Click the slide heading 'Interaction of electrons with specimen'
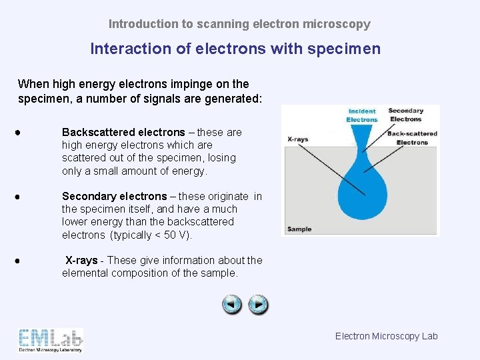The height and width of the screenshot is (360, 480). [x=235, y=49]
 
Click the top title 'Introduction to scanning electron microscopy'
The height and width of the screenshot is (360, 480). [x=239, y=24]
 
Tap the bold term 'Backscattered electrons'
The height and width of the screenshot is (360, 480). [x=123, y=132]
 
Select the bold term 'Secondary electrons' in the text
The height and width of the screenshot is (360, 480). [x=114, y=196]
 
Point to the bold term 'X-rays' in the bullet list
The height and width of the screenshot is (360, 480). [x=81, y=260]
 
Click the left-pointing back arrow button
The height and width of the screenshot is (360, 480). [x=232, y=305]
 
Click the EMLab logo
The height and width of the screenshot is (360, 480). [x=51, y=340]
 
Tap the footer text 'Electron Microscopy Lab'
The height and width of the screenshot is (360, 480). [x=386, y=336]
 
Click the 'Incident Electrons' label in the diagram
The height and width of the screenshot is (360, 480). [x=361, y=115]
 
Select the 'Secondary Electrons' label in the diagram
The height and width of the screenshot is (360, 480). [x=406, y=115]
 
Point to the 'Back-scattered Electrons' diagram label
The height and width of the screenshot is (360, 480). [x=412, y=138]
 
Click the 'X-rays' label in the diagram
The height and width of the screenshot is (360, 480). [x=297, y=139]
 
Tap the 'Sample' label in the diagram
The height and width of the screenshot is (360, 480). [x=299, y=229]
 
